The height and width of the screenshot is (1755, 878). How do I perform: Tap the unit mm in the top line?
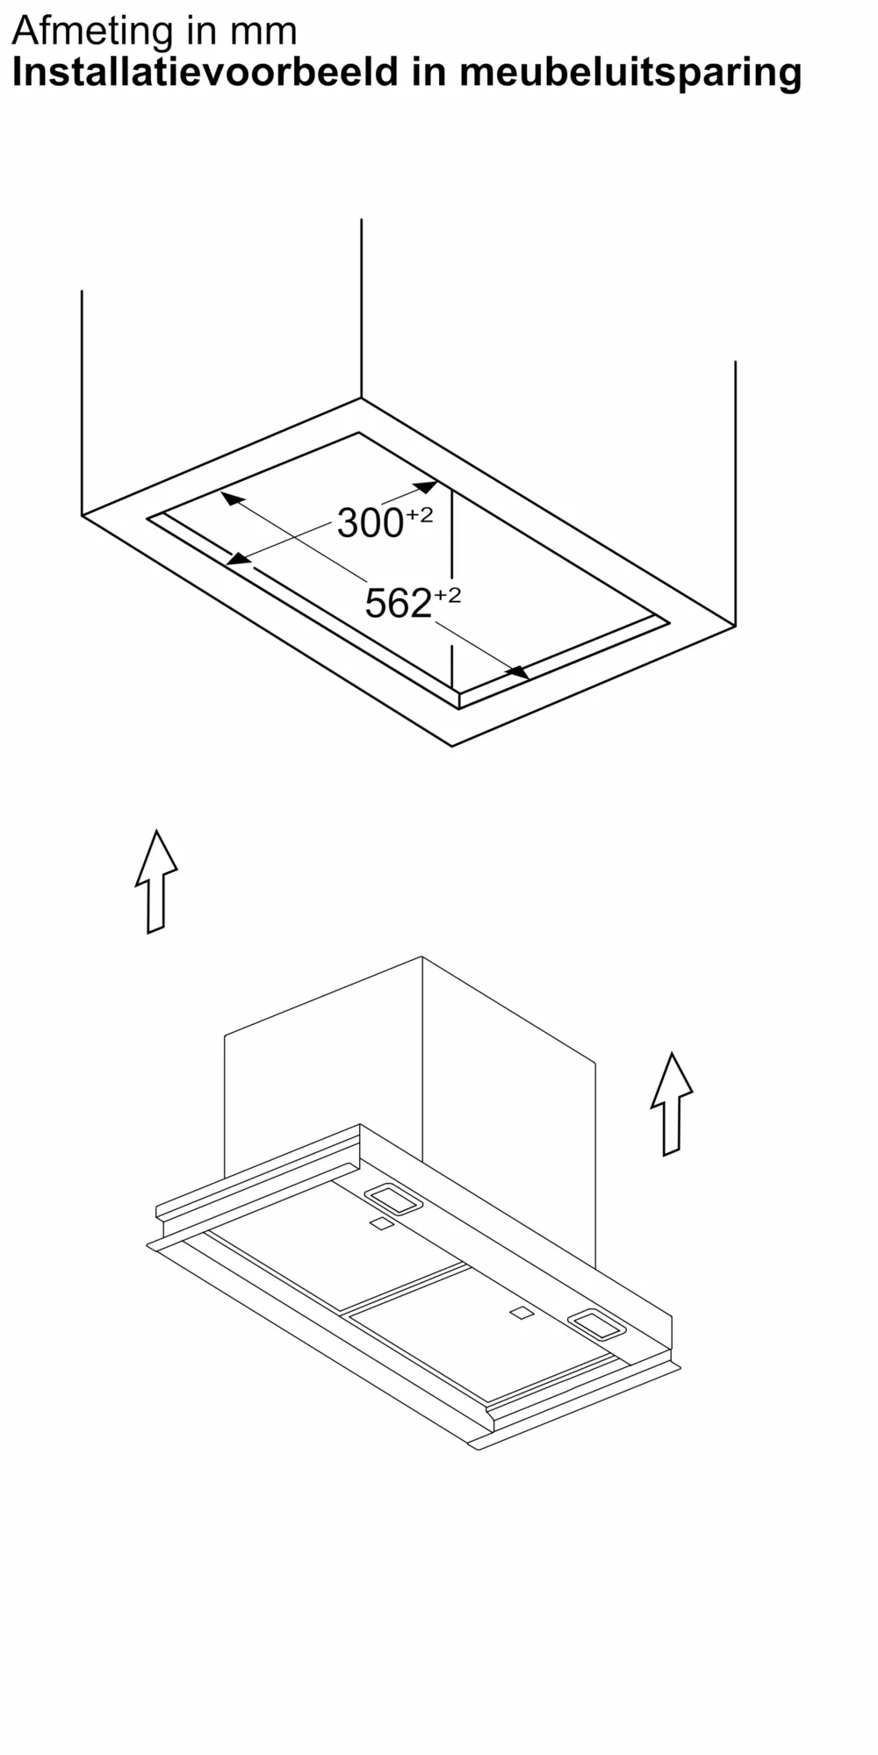264,34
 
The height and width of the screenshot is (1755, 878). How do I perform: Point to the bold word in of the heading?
429,72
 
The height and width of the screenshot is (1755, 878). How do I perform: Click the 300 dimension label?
370,524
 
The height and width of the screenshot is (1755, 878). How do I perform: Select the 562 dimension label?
398,604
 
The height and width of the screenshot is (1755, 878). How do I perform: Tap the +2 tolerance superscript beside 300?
419,515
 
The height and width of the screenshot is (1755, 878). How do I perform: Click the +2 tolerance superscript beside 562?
447,595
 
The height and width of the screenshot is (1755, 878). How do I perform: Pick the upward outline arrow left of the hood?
156,882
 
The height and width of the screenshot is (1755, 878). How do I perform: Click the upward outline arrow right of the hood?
672,1104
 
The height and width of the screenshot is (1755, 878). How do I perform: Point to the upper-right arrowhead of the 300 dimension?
425,486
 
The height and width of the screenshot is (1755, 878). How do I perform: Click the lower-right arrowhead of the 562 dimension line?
517,672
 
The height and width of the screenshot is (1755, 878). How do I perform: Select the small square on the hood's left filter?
381,1223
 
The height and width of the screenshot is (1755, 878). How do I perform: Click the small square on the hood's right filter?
521,1313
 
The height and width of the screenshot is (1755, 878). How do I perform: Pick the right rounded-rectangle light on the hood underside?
597,1324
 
